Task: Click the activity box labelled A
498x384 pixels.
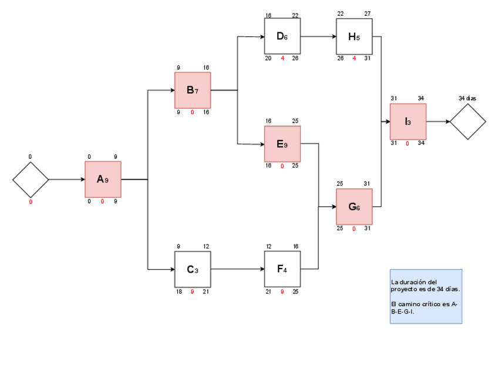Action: point(103,179)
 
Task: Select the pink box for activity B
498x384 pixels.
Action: point(193,90)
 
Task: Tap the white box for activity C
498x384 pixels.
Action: point(193,269)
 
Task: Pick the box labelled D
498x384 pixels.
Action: point(282,36)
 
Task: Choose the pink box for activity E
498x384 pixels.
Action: point(282,144)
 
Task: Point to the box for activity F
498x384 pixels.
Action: point(282,269)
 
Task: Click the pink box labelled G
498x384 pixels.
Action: point(354,206)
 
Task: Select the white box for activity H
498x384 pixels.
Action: point(354,36)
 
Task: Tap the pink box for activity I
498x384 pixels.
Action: point(408,122)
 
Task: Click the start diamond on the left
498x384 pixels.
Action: point(31,179)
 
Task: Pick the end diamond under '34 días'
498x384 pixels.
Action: point(468,122)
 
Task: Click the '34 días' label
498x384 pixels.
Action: point(467,98)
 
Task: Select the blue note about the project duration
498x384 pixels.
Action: point(426,296)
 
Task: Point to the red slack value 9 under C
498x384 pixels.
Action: point(193,291)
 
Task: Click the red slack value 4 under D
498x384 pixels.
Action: point(282,59)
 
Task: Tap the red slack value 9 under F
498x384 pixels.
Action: point(282,291)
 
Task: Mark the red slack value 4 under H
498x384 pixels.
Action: point(354,59)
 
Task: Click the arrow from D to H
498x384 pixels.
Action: point(318,36)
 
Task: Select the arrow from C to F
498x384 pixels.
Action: point(237,269)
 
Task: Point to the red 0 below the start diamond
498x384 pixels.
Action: point(31,202)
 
